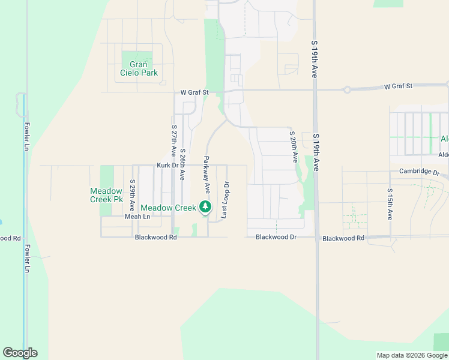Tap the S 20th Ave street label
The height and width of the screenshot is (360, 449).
294,147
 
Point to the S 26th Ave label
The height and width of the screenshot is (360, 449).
182,164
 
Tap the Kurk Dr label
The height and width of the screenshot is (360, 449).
167,165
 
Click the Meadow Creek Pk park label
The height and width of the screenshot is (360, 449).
106,194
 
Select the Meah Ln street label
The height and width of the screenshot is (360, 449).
136,217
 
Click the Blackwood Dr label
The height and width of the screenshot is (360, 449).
276,237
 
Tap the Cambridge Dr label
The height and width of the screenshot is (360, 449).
419,172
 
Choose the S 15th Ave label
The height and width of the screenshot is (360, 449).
390,205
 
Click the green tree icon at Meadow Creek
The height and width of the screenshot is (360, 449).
205,207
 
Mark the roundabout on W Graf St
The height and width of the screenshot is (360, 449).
347,90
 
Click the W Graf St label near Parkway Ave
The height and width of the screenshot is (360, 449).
194,92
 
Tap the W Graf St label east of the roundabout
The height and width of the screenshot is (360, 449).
398,86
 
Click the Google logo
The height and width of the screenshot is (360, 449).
20,353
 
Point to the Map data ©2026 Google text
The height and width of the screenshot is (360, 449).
412,355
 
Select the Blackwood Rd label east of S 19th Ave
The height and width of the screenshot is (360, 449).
343,238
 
